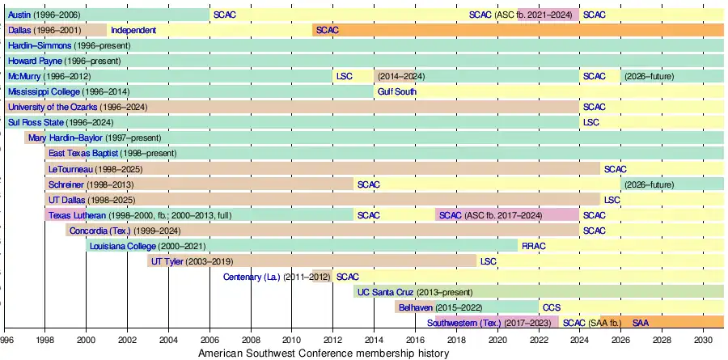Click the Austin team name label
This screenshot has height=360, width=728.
click(x=21, y=15)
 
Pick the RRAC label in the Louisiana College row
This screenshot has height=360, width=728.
click(x=534, y=246)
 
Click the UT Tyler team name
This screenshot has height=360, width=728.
click(x=167, y=261)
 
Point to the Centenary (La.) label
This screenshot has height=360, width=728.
click(x=252, y=277)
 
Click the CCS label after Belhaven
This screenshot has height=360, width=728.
click(x=551, y=307)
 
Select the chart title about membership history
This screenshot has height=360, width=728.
click(x=324, y=354)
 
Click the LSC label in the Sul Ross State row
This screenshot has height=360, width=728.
click(x=590, y=122)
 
